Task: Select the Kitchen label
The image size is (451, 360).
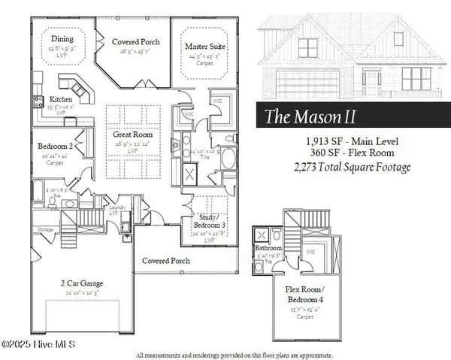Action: click(61, 99)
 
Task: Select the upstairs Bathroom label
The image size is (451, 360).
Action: click(268, 247)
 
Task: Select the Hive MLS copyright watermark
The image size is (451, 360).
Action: click(42, 344)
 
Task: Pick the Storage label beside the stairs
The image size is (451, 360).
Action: click(45, 229)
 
